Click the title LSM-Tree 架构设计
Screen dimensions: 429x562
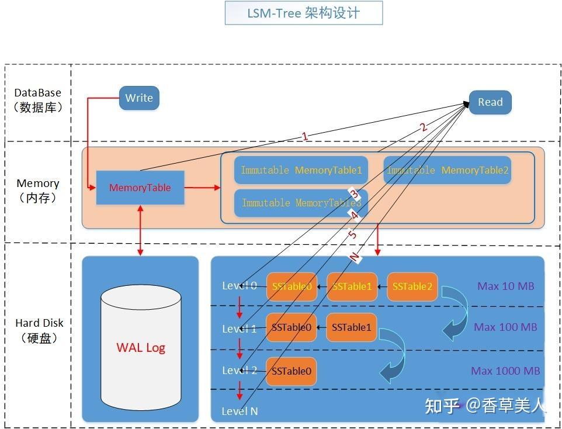tap(303, 13)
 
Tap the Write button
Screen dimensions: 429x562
tap(139, 98)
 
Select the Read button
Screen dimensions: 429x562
tap(490, 102)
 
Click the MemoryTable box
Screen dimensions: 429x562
tap(140, 188)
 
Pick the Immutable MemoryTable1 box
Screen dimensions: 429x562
tap(301, 170)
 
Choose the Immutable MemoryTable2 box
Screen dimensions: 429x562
tap(447, 170)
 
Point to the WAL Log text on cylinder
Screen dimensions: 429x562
tap(141, 347)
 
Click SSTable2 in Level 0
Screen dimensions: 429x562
tap(412, 286)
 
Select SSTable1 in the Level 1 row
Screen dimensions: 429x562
tap(351, 327)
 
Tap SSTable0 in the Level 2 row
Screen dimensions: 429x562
tap(291, 371)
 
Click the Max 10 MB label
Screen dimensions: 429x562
tap(505, 286)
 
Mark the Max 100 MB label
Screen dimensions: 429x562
tap(505, 327)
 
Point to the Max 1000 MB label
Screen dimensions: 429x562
tap(505, 371)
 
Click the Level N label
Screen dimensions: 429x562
tap(240, 411)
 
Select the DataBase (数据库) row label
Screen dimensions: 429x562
tap(37, 100)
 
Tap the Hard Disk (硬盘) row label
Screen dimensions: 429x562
tap(39, 330)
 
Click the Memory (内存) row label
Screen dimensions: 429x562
tap(37, 190)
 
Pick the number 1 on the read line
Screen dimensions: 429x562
tap(304, 136)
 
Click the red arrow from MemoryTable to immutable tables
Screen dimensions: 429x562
tap(202, 188)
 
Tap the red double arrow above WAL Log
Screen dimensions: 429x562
tap(140, 230)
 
